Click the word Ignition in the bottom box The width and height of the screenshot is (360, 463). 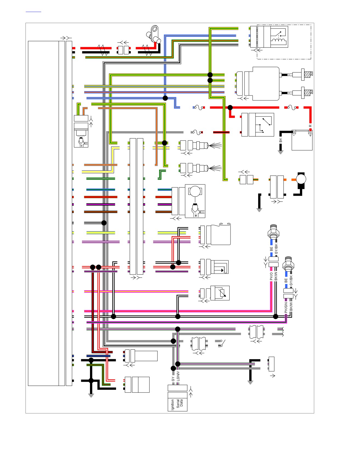[x=173, y=405]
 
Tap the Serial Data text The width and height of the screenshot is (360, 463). [x=179, y=403]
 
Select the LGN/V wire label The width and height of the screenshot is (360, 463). [x=178, y=376]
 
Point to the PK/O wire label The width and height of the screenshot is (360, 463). [x=271, y=276]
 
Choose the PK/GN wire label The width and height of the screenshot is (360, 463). [x=286, y=308]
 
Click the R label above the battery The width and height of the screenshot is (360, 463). [x=310, y=126]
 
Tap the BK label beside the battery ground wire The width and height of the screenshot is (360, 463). [x=280, y=140]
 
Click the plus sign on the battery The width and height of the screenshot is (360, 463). [x=310, y=135]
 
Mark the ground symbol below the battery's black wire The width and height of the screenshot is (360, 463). [x=280, y=152]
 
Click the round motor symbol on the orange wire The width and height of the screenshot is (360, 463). [x=301, y=179]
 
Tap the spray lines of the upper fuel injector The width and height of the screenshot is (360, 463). [x=215, y=145]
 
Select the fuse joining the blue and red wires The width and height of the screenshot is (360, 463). [x=199, y=108]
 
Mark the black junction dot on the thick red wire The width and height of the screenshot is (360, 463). [x=230, y=108]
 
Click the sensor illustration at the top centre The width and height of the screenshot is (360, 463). [x=154, y=34]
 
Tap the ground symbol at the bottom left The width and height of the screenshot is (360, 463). [x=91, y=395]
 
